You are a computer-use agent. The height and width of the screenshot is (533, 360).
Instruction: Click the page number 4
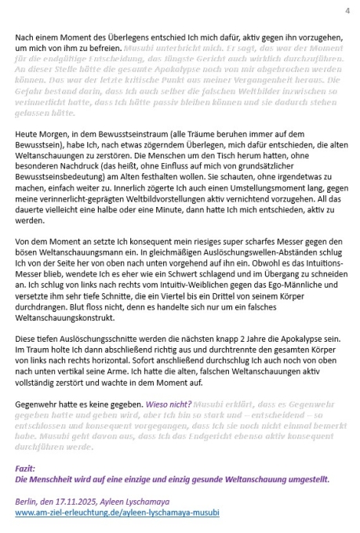[x=346, y=10]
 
